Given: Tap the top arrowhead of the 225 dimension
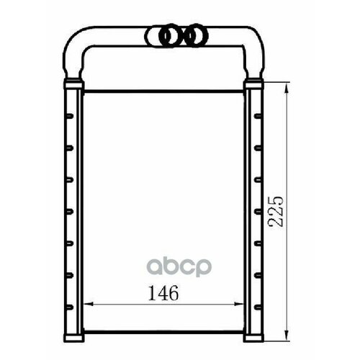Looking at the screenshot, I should point(288,86).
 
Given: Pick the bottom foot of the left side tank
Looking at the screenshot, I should point(73,336).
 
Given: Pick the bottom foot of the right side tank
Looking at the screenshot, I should point(254,336).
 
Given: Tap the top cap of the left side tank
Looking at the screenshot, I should point(73,85).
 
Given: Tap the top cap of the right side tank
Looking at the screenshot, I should point(254,85).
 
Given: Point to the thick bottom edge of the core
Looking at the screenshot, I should point(164,333).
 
